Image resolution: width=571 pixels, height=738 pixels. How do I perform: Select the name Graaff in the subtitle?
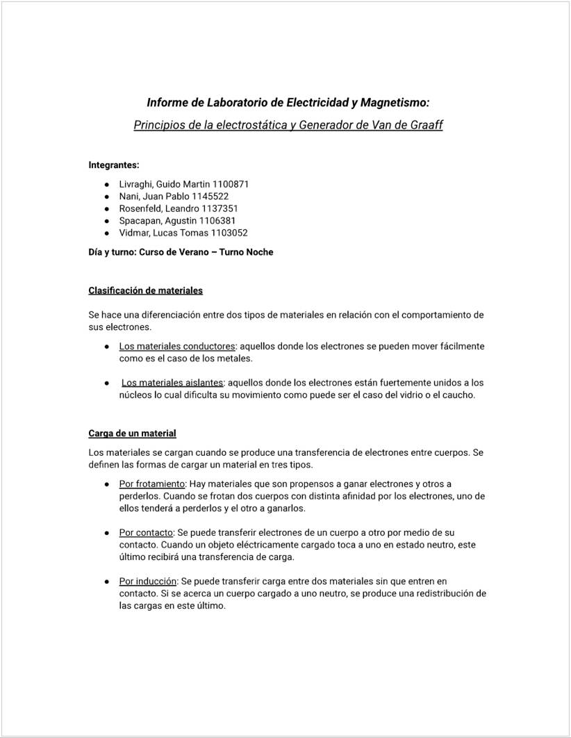[x=424, y=125]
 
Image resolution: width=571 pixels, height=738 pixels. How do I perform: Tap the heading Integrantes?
[x=114, y=165]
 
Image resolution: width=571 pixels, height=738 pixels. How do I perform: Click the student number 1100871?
[x=225, y=184]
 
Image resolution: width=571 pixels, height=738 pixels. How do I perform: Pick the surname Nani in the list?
[x=130, y=197]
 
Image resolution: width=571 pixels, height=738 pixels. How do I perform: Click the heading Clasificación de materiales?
[x=146, y=290]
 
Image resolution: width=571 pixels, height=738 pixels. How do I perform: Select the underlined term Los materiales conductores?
[x=177, y=346]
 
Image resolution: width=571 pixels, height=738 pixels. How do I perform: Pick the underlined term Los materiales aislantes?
[x=172, y=383]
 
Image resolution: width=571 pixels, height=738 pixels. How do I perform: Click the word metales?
[x=233, y=359]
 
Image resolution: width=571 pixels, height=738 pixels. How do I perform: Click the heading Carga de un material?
[x=132, y=434]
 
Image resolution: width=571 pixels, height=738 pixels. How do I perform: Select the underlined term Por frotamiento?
[x=152, y=484]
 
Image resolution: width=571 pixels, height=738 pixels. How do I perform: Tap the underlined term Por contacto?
[x=146, y=532]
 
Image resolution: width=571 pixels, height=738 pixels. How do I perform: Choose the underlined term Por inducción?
[x=148, y=581]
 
